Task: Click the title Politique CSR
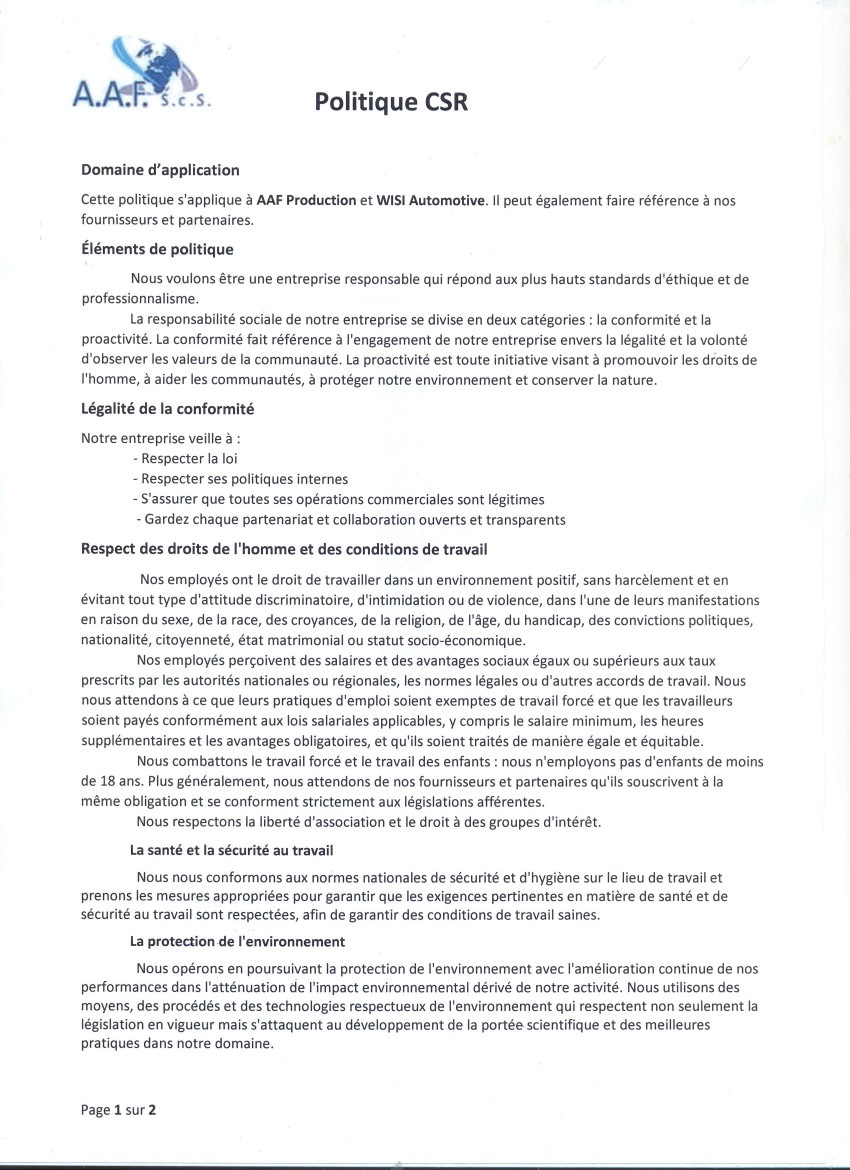click(x=391, y=102)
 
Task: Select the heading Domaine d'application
click(x=160, y=170)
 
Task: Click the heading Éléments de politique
click(x=157, y=249)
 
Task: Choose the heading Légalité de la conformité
click(x=167, y=408)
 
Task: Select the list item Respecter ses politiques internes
click(x=240, y=478)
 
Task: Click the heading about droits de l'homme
click(x=284, y=549)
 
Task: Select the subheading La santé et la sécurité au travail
click(x=231, y=850)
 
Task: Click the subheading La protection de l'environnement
click(x=238, y=941)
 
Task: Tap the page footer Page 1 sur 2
click(x=119, y=1109)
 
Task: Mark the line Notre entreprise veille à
click(x=160, y=438)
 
